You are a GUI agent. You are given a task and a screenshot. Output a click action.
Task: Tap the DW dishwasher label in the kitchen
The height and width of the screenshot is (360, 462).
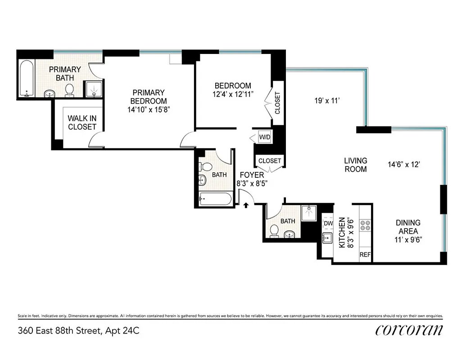tap(327, 223)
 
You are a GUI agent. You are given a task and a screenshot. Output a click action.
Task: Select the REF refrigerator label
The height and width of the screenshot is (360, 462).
tap(365, 255)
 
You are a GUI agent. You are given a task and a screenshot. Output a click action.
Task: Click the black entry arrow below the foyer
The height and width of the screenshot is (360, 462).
tap(246, 206)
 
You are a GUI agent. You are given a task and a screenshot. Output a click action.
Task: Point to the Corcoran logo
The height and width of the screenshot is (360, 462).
tap(409, 330)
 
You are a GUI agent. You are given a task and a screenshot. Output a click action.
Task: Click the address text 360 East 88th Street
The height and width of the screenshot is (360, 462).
tap(79, 331)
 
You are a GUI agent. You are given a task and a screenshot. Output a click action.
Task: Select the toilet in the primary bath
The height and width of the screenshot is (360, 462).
tap(69, 90)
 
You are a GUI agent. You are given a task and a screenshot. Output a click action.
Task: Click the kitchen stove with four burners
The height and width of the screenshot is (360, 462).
tap(365, 225)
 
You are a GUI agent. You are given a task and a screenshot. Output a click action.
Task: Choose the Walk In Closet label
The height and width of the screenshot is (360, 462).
tap(82, 122)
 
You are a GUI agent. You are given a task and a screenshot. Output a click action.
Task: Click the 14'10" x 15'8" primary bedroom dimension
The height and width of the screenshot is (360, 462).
tap(149, 109)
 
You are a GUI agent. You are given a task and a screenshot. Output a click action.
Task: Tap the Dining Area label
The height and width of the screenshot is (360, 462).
tap(408, 227)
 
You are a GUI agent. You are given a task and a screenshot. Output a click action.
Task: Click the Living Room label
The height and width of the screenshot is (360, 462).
tap(355, 165)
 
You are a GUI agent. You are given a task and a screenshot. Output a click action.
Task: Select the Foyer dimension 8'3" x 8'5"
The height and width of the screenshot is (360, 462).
tap(252, 183)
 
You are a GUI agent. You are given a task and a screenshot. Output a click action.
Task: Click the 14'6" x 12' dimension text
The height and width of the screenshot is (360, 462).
tap(404, 165)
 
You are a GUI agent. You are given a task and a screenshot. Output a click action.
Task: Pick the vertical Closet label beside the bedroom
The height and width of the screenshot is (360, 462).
tap(277, 103)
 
